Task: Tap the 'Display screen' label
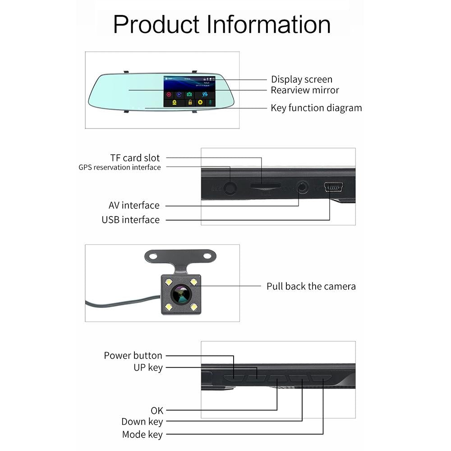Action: tap(301, 80)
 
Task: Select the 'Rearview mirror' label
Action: tap(304, 90)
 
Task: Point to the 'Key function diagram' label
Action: tap(316, 108)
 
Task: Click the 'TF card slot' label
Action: tap(135, 158)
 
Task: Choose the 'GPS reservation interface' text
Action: tap(120, 167)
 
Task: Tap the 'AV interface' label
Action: tap(134, 205)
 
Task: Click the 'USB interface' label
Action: tap(130, 220)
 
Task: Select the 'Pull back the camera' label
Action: tap(311, 286)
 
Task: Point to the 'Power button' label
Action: tap(133, 355)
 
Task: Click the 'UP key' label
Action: tap(148, 368)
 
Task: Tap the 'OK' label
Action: tap(157, 410)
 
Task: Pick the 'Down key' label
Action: tap(142, 422)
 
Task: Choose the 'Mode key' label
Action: tap(142, 435)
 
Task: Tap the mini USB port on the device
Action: tap(333, 186)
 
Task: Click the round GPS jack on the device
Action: tap(231, 187)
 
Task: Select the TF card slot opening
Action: tap(266, 185)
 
